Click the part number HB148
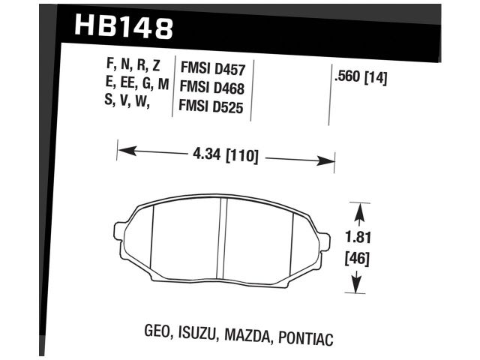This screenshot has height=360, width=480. [124, 28]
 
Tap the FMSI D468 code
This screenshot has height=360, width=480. [214, 87]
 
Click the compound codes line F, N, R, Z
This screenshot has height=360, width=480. [134, 68]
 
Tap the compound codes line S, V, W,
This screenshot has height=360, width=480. [129, 103]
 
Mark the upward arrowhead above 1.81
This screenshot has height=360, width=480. [357, 207]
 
